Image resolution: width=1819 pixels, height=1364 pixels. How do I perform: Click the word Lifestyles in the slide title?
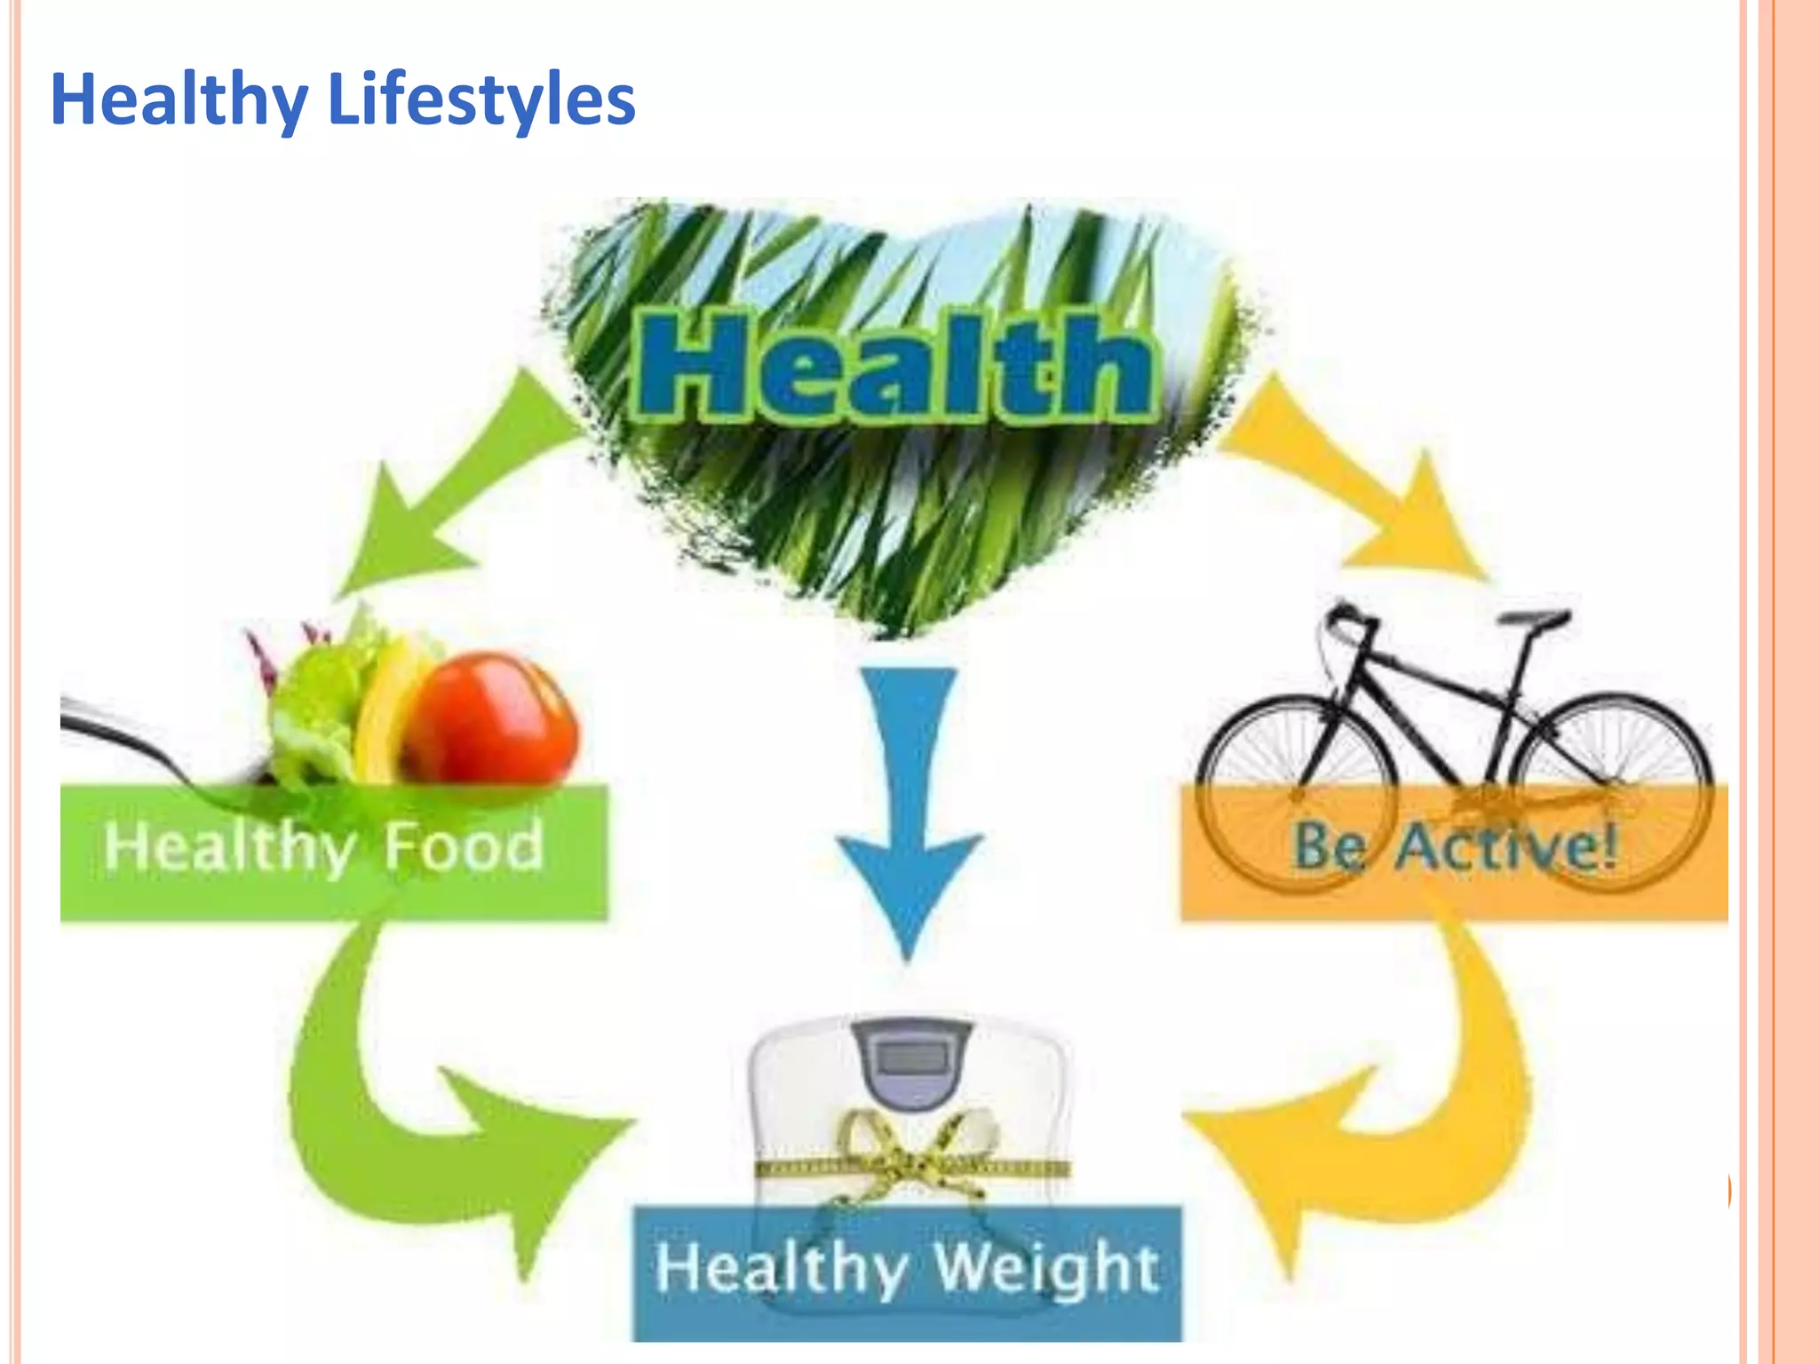[x=481, y=99]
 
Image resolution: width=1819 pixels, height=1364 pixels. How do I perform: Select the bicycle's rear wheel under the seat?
[x=1612, y=790]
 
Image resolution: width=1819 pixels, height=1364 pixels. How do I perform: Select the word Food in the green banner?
[x=464, y=847]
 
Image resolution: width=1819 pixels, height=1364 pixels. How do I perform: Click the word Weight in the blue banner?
[x=1048, y=1268]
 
